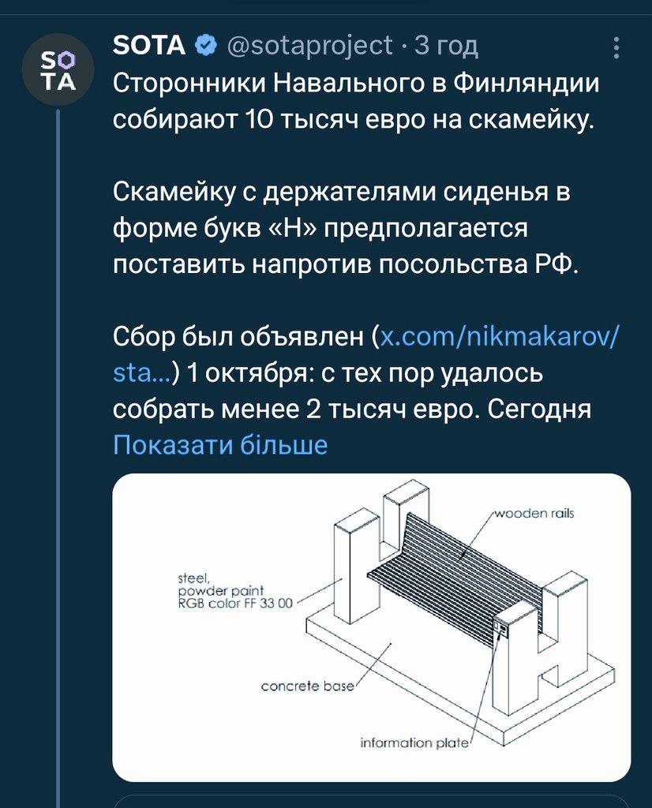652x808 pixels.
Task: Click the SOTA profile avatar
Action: point(58,69)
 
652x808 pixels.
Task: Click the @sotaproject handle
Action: point(309,47)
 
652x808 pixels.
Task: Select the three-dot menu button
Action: point(616,48)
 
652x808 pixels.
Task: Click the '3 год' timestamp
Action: point(447,47)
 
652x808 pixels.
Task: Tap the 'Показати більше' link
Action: point(220,444)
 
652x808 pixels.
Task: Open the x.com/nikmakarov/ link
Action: point(498,336)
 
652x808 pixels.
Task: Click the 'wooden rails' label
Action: point(534,513)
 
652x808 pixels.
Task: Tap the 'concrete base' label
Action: point(308,686)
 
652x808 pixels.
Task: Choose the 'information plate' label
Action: point(414,743)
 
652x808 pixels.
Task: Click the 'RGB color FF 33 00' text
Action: point(235,603)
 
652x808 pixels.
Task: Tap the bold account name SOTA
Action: point(149,45)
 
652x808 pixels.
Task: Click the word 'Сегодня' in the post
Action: point(539,410)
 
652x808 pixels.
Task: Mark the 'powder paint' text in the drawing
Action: point(220,591)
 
